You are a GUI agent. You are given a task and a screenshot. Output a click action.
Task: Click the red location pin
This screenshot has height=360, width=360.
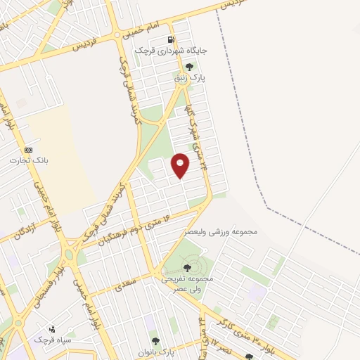click(x=181, y=165)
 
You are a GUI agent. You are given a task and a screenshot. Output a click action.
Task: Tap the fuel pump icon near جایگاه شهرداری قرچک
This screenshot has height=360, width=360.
click(x=170, y=39)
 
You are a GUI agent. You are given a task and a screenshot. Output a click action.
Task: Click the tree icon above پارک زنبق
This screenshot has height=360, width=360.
click(x=188, y=67)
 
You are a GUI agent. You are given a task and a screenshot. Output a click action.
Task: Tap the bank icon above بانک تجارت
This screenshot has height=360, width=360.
click(x=28, y=150)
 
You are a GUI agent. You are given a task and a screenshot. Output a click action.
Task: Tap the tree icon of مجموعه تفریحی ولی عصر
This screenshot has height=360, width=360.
click(x=186, y=268)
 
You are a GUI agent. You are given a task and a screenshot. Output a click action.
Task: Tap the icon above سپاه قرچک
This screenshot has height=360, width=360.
click(x=51, y=328)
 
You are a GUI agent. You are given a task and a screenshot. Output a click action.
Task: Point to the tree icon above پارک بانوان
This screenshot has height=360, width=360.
click(x=155, y=340)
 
